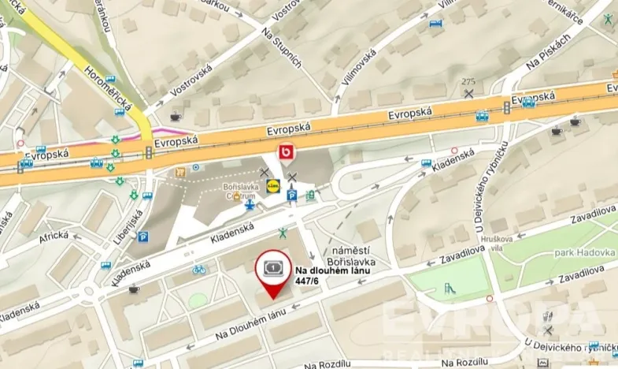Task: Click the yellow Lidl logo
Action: [x=273, y=187]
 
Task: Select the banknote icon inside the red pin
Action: [x=272, y=268]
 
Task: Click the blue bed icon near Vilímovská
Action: [x=435, y=24]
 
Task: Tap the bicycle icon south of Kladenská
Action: [x=200, y=269]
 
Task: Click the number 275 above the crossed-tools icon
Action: [x=469, y=82]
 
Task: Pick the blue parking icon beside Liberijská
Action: [x=143, y=237]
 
